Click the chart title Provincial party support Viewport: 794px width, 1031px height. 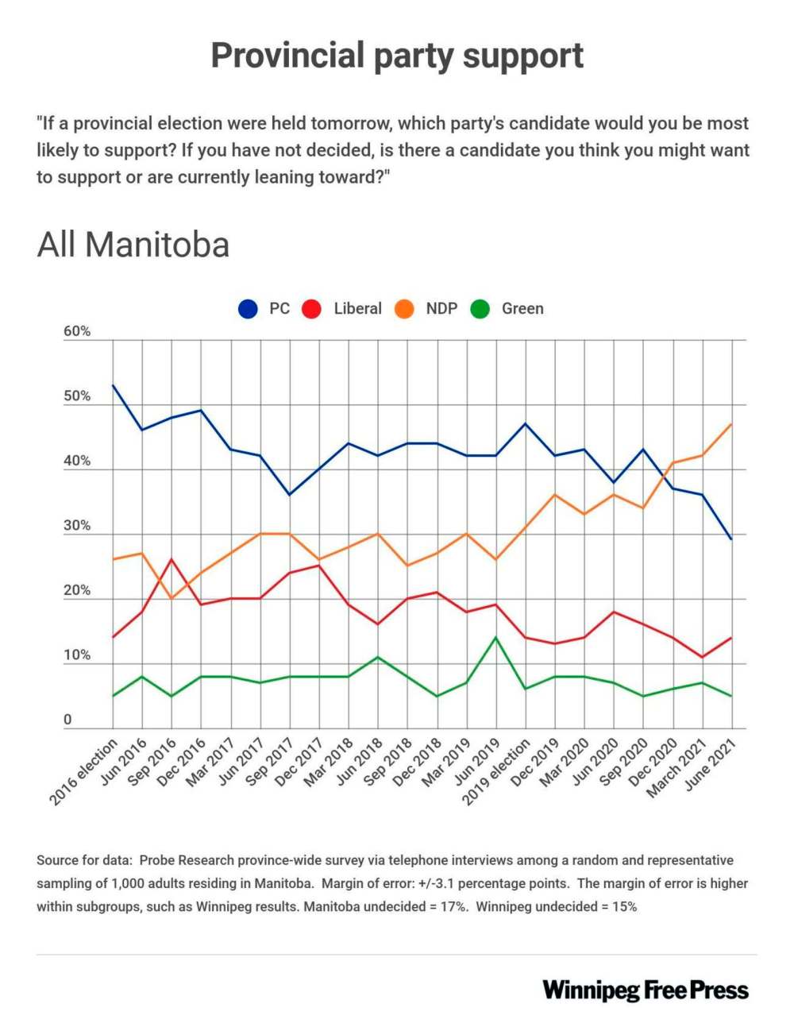(397, 56)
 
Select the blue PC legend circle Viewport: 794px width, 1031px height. (249, 309)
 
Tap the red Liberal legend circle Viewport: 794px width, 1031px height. (312, 309)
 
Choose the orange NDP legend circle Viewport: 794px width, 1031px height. (405, 309)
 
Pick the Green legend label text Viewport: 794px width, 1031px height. (522, 309)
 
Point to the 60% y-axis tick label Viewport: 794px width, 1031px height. (77, 332)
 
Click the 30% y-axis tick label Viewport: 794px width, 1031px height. (77, 526)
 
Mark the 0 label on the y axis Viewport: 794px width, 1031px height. (67, 720)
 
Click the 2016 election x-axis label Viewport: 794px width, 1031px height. (84, 771)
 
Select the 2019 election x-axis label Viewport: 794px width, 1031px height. (497, 771)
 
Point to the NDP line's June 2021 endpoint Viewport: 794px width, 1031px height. (731, 424)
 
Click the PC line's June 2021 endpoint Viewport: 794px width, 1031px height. (731, 539)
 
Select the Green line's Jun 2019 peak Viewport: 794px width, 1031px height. (496, 637)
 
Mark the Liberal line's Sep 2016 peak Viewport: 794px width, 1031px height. (172, 559)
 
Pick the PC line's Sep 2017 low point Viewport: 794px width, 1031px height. (290, 495)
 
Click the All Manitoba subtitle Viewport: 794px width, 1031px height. (133, 245)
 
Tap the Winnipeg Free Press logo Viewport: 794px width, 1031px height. (646, 990)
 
